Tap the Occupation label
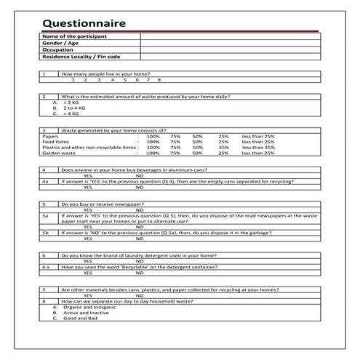[57, 49]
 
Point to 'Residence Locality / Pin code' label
[81, 56]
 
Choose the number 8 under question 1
[159, 79]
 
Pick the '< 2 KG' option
[71, 103]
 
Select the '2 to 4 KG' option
[73, 108]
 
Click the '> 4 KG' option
[71, 114]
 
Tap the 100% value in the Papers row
[153, 136]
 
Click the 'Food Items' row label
[55, 142]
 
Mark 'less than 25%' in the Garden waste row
[258, 153]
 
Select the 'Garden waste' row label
[58, 153]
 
